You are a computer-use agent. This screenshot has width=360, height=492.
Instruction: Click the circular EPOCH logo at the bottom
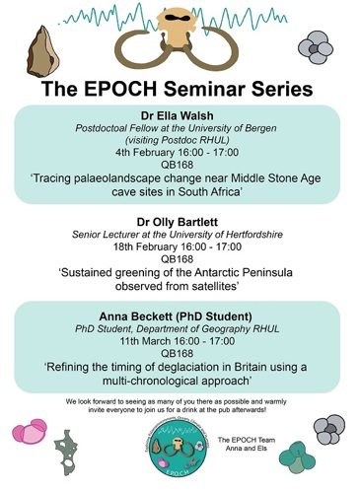point(178,448)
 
